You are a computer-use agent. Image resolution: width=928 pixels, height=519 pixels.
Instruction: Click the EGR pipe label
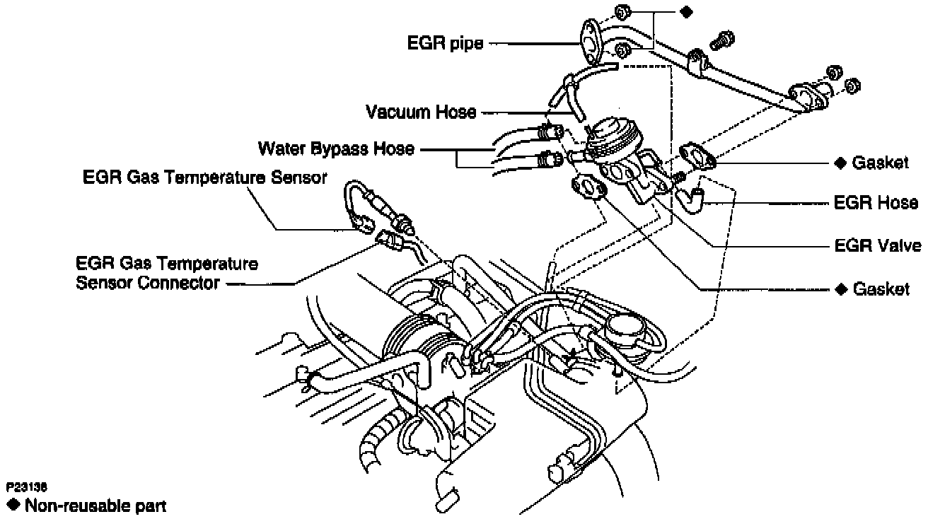445,43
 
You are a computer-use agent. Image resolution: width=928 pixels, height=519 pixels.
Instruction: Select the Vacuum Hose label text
421,112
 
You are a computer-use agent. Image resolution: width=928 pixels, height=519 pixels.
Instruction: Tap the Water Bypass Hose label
336,149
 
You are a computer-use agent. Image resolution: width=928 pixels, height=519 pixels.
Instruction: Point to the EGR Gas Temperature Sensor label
204,177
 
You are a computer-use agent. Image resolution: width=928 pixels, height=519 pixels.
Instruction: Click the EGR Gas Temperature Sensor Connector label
166,274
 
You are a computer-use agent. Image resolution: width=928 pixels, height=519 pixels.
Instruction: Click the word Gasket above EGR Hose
880,163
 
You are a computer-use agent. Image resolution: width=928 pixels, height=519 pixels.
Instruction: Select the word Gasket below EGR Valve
881,289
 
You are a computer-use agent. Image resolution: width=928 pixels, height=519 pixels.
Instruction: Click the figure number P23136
27,488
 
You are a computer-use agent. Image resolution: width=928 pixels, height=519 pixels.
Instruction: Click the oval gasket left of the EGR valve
587,189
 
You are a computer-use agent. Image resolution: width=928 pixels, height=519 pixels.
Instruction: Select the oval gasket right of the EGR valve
698,157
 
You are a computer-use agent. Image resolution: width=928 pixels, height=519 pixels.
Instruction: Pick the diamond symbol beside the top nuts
685,12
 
